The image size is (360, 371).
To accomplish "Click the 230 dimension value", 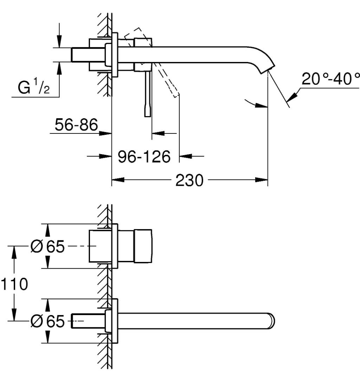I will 189,181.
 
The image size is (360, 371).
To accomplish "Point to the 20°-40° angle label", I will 331,80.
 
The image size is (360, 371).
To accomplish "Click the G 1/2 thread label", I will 34,88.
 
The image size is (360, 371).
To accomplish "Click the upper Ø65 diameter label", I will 47,247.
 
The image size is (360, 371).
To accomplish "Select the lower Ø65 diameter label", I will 47,321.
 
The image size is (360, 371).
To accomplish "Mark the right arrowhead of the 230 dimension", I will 264,180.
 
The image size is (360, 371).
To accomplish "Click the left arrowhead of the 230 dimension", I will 116,180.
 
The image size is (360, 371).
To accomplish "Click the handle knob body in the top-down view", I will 143,246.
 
